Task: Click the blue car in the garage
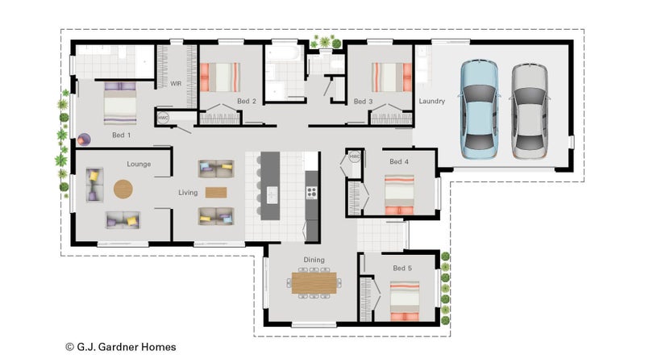click(x=479, y=110)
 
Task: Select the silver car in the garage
click(x=530, y=111)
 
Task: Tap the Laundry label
click(x=432, y=101)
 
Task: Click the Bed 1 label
click(x=122, y=135)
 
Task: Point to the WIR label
click(x=176, y=84)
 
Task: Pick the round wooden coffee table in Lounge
click(x=123, y=190)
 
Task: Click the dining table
click(x=314, y=283)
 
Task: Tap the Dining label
click(x=314, y=260)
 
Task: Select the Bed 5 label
click(x=402, y=268)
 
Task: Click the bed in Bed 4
click(x=399, y=194)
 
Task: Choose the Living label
click(x=188, y=193)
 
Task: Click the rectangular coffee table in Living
click(x=216, y=193)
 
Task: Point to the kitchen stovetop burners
click(x=311, y=192)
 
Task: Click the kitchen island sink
click(x=272, y=194)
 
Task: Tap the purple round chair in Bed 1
click(x=84, y=140)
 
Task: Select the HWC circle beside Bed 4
click(x=354, y=156)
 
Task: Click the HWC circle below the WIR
click(x=163, y=118)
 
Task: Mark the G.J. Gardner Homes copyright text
click(x=121, y=347)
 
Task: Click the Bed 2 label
click(x=247, y=102)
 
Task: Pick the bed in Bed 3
click(x=392, y=77)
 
